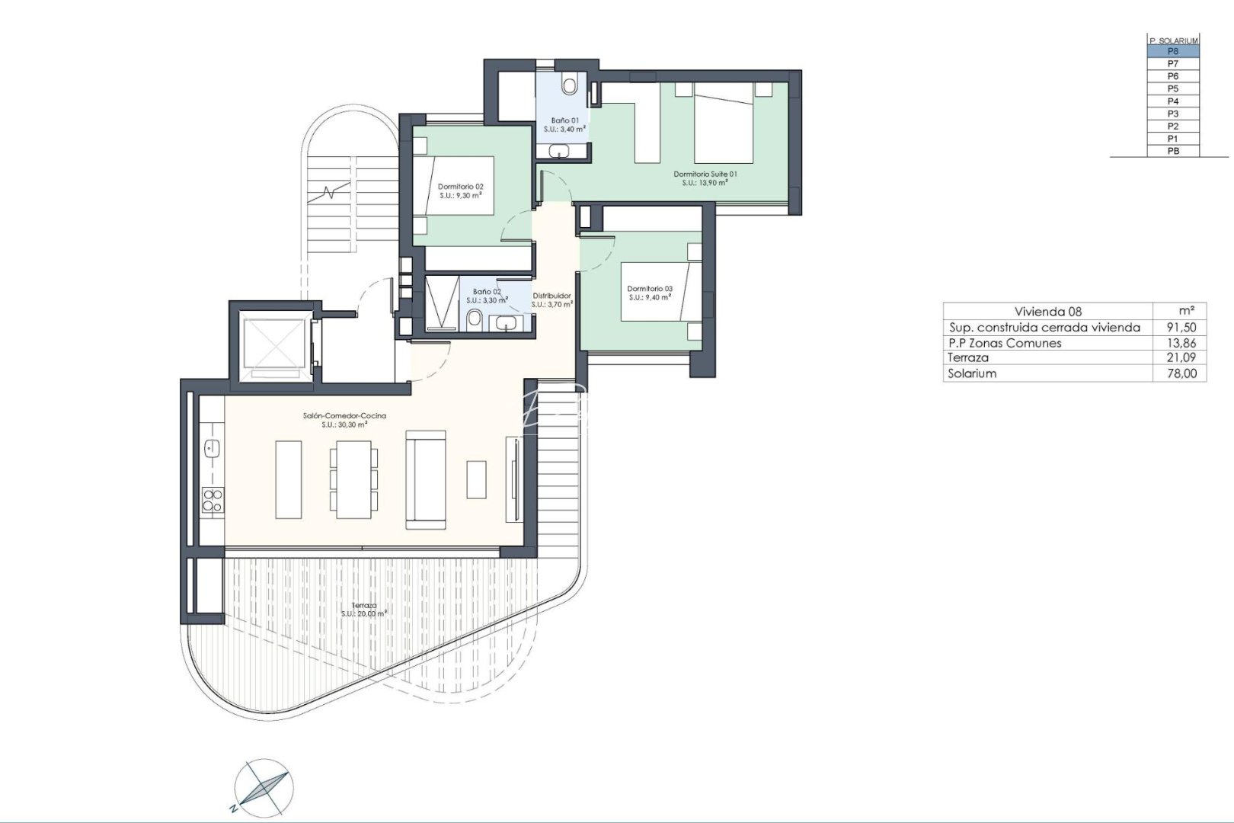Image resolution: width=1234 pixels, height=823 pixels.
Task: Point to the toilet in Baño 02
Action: coord(474,319)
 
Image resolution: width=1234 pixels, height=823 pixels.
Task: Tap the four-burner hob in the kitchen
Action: coord(212,501)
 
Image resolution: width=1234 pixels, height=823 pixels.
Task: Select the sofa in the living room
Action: coord(425,479)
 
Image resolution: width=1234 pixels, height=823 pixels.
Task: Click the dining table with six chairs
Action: coord(353,479)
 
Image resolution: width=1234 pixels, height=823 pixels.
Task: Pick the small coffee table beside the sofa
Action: coord(476,479)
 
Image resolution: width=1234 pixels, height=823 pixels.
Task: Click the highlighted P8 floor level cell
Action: coord(1172,51)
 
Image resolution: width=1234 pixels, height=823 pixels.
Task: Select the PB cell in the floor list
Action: coord(1172,151)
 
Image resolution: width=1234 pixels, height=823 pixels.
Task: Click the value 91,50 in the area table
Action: coord(1181,327)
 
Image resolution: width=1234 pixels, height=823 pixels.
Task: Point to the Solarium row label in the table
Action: coord(971,373)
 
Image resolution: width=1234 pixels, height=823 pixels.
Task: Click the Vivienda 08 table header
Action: coord(1047,311)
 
